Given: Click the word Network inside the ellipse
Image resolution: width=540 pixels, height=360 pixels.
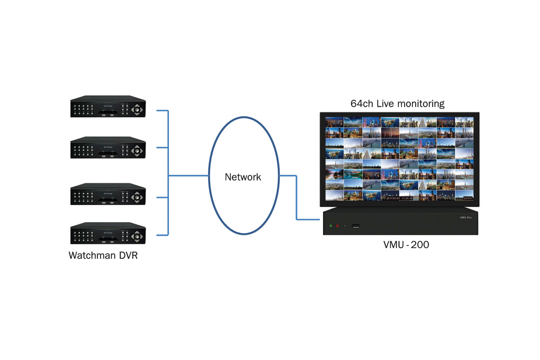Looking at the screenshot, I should tap(243, 177).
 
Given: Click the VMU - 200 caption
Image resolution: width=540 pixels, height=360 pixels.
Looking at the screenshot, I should tap(406, 245).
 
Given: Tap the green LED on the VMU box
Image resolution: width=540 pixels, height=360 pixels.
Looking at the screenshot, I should tap(330, 225).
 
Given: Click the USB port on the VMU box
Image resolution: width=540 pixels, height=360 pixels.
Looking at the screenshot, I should tap(355, 225).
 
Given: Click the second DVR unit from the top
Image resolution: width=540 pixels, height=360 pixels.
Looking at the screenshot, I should tap(108, 148).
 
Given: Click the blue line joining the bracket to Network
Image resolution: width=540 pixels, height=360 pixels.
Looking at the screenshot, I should tap(188, 175).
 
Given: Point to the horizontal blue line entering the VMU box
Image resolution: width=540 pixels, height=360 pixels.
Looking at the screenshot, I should tap(310, 220).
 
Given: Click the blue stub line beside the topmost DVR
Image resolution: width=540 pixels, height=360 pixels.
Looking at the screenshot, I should tap(162, 110).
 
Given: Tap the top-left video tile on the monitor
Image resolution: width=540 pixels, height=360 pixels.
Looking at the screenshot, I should tap(334, 122).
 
